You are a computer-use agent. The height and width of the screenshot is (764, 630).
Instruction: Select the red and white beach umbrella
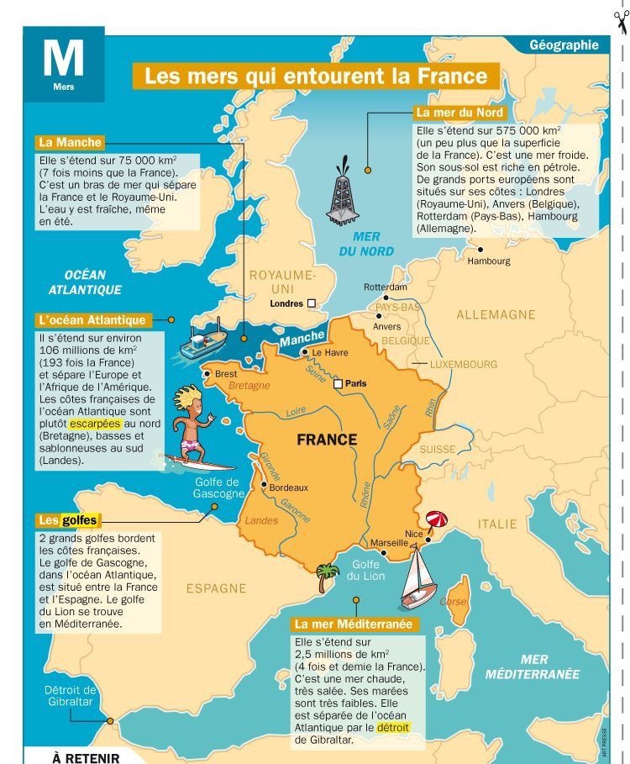coord(437,520)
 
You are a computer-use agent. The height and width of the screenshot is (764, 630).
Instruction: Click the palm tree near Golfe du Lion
coord(325,576)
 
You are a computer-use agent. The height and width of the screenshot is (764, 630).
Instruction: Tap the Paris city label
coord(355,384)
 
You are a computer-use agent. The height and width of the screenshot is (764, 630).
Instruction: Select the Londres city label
coord(286,303)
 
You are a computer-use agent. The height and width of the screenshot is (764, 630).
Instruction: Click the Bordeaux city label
coord(289,487)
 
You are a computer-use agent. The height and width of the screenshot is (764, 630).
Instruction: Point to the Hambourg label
coord(489,261)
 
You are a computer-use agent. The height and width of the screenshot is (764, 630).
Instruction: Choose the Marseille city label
coord(389,542)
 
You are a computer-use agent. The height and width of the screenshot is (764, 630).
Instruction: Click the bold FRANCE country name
coord(327,440)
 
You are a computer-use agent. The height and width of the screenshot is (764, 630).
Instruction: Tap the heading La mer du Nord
coord(459,113)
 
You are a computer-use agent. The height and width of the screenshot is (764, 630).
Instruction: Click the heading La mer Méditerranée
coord(353,625)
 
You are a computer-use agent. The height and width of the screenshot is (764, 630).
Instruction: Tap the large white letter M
coord(63,58)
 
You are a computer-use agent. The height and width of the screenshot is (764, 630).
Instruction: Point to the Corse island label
coord(453,602)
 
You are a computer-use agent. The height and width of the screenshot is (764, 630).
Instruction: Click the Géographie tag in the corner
coord(564,45)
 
